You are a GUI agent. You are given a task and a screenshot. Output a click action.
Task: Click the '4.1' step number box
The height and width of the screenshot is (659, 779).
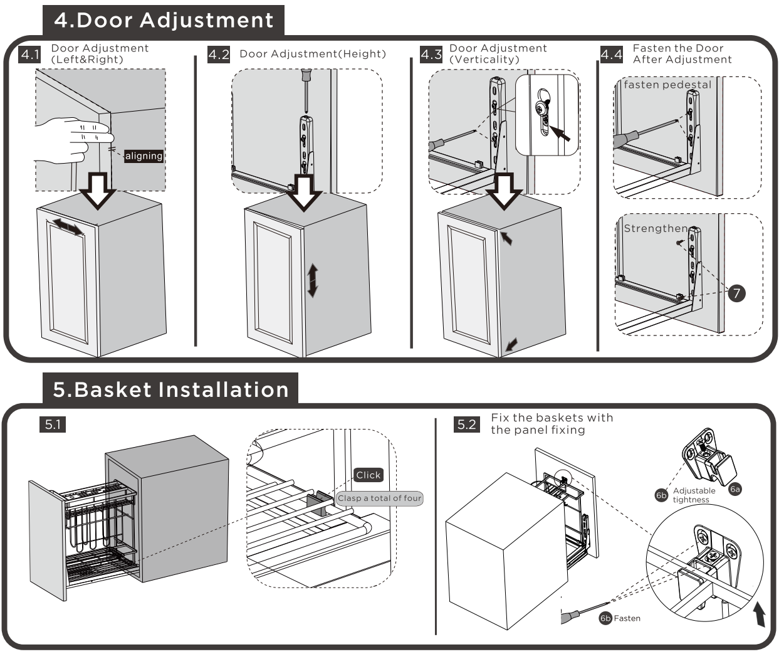(29, 55)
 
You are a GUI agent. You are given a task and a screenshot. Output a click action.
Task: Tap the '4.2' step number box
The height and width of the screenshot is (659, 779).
(219, 55)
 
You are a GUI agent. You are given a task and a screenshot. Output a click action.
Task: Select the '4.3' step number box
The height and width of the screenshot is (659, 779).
(431, 55)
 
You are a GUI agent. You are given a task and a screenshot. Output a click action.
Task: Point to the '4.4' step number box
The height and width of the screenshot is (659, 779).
(612, 55)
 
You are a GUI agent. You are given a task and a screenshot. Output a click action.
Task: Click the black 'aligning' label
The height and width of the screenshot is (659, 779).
(144, 156)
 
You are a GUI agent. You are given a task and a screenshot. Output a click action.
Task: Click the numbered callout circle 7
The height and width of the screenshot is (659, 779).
(736, 293)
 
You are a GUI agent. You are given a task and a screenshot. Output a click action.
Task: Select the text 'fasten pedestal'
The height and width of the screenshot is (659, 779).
(667, 85)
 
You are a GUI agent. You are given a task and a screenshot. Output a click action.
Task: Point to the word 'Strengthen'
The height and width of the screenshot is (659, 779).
(656, 228)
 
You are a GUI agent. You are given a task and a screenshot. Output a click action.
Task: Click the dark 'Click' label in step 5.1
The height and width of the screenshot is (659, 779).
(369, 475)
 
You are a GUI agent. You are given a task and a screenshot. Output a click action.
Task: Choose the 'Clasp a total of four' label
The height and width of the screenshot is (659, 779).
(380, 498)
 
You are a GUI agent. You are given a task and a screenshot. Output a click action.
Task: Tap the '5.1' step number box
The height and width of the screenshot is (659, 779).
(53, 424)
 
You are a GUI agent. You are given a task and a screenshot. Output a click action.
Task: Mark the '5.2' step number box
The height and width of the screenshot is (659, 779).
(467, 424)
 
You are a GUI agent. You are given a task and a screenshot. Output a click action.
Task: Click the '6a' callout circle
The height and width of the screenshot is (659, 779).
(735, 488)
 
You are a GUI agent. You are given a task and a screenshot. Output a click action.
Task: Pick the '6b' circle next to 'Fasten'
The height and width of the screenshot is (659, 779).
(605, 618)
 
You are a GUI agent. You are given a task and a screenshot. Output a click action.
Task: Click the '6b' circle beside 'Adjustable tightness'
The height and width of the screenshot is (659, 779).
(661, 495)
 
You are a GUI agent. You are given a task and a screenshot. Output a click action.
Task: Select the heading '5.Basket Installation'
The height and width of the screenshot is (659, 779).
(170, 389)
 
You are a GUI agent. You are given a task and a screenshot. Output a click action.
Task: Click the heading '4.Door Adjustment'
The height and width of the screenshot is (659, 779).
(164, 20)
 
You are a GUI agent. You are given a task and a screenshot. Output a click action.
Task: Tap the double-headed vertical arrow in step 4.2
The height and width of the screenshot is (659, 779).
(312, 280)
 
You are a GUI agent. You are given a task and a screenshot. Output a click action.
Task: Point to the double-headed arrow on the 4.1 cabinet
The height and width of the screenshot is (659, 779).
(67, 226)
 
